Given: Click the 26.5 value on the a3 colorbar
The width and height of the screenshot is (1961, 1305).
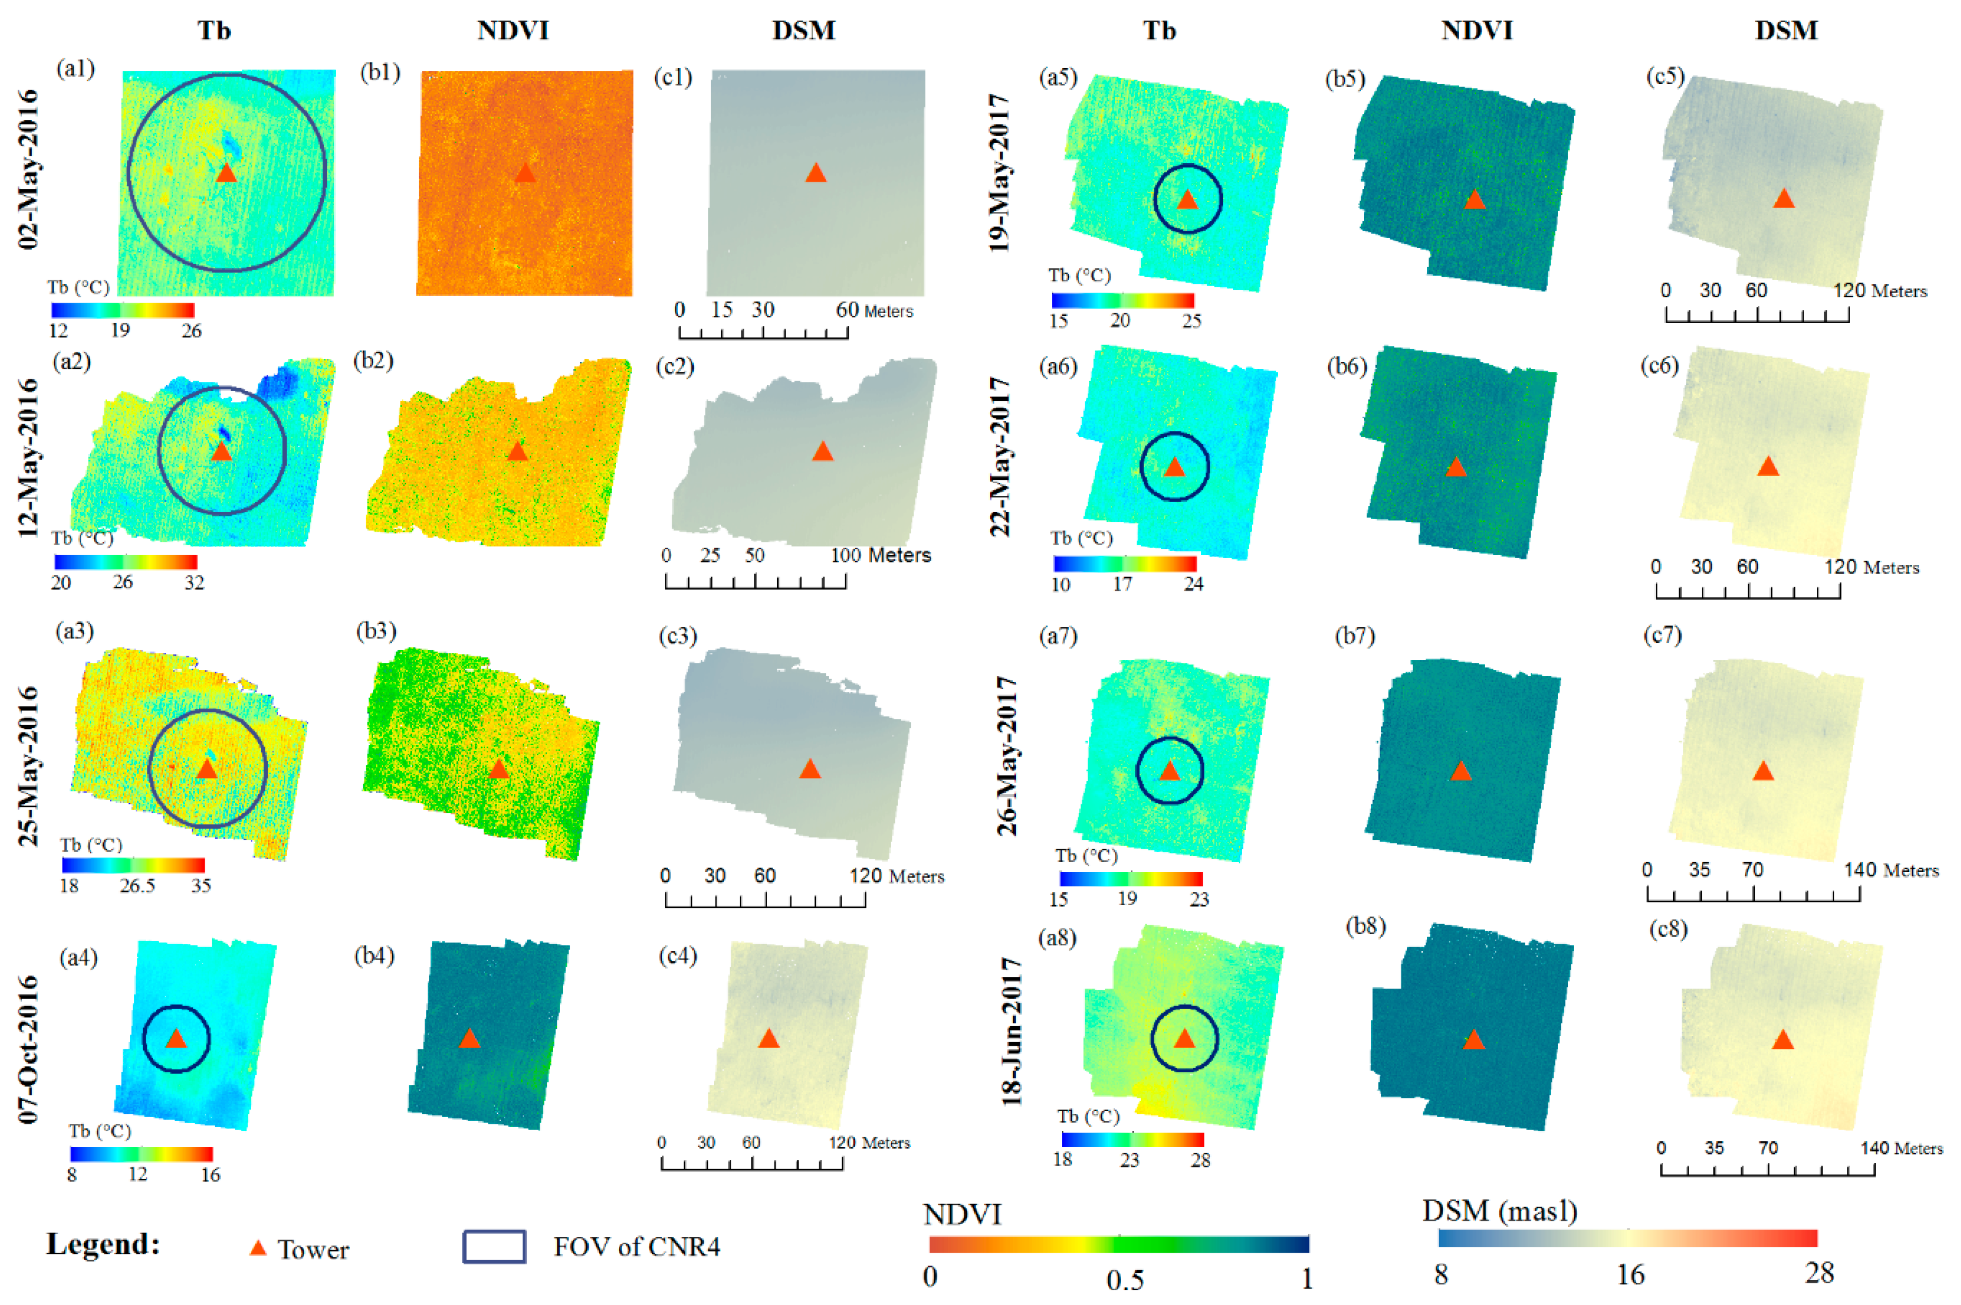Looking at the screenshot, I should coord(137,886).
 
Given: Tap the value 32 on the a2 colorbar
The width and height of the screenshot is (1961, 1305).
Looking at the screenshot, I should coord(194,583).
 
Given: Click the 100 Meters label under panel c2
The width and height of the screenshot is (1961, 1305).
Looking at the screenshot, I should coord(880,555).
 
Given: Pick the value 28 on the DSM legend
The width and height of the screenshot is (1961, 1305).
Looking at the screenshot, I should coord(1819,1273).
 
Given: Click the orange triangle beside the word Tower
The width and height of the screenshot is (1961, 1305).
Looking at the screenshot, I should coord(258,1247).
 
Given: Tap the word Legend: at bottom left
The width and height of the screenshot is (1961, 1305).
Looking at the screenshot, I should coord(103,1244).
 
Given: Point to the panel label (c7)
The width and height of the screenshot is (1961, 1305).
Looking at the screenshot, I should coord(1662,635).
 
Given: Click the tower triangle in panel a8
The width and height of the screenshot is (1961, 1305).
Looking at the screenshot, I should coord(1184,1039).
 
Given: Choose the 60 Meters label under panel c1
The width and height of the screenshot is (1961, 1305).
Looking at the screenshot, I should coord(874,311).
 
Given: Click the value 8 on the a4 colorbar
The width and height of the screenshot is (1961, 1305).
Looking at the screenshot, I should coord(72,1175).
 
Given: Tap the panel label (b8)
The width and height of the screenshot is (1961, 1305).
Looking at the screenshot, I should coord(1365,926).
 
